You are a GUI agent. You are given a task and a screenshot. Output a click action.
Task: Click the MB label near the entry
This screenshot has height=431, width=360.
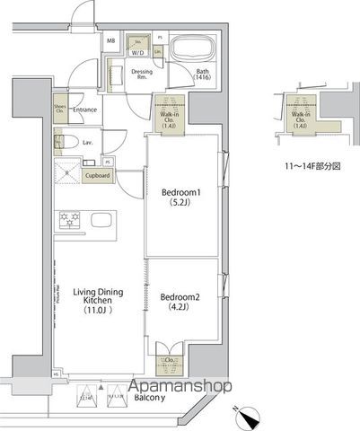point(111,41)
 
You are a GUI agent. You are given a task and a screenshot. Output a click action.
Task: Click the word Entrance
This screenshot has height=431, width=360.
point(85,110)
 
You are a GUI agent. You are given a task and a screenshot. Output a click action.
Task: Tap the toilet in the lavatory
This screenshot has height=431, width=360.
point(62,141)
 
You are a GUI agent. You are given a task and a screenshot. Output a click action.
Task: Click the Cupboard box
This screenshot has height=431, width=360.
point(97,176)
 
